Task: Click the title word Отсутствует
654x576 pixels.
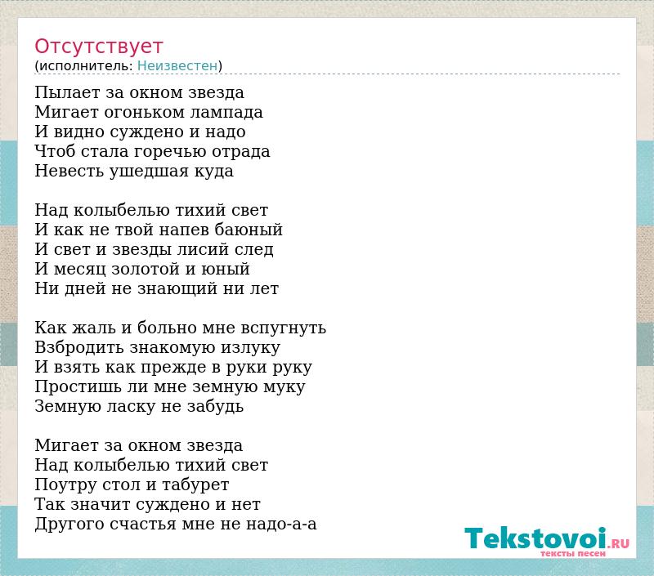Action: pos(98,47)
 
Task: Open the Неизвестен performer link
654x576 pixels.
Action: pos(177,66)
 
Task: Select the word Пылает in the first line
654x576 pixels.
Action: pos(67,92)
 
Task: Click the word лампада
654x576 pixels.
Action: pos(227,112)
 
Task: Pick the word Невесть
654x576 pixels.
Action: pos(69,171)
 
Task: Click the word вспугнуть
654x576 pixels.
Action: pos(284,328)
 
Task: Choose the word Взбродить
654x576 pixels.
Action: pos(79,347)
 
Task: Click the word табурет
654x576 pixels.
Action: pos(195,484)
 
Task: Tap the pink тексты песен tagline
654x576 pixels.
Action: pos(573,553)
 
